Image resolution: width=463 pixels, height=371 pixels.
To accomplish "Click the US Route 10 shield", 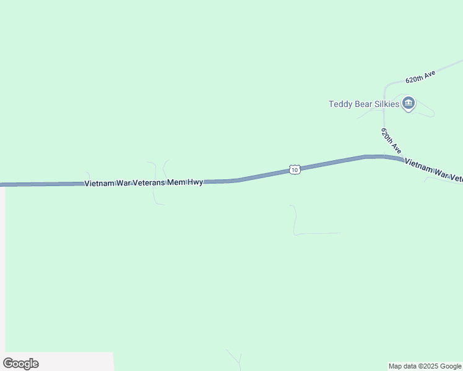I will (x=295, y=169).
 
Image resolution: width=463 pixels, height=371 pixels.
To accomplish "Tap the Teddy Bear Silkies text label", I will (x=363, y=104).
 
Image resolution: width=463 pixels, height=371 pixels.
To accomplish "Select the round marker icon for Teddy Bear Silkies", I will (x=408, y=103).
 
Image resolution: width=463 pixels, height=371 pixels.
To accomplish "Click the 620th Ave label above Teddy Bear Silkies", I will (x=420, y=77).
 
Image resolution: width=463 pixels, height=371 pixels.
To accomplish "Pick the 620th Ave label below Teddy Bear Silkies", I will (x=391, y=142).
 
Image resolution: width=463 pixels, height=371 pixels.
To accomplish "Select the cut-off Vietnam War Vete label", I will (x=433, y=171).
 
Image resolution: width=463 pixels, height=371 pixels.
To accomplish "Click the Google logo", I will (x=20, y=364).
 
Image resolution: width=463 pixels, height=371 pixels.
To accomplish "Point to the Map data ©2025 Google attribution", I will (x=425, y=366).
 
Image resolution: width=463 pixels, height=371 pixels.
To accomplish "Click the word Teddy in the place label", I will (x=340, y=104).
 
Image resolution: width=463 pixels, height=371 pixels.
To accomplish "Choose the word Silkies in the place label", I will (x=386, y=104).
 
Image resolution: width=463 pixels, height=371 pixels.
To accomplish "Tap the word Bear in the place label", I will (x=363, y=104).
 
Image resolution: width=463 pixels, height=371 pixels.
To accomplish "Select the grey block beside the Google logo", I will (x=74, y=362).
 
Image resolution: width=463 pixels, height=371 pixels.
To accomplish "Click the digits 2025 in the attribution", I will (x=428, y=366).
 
